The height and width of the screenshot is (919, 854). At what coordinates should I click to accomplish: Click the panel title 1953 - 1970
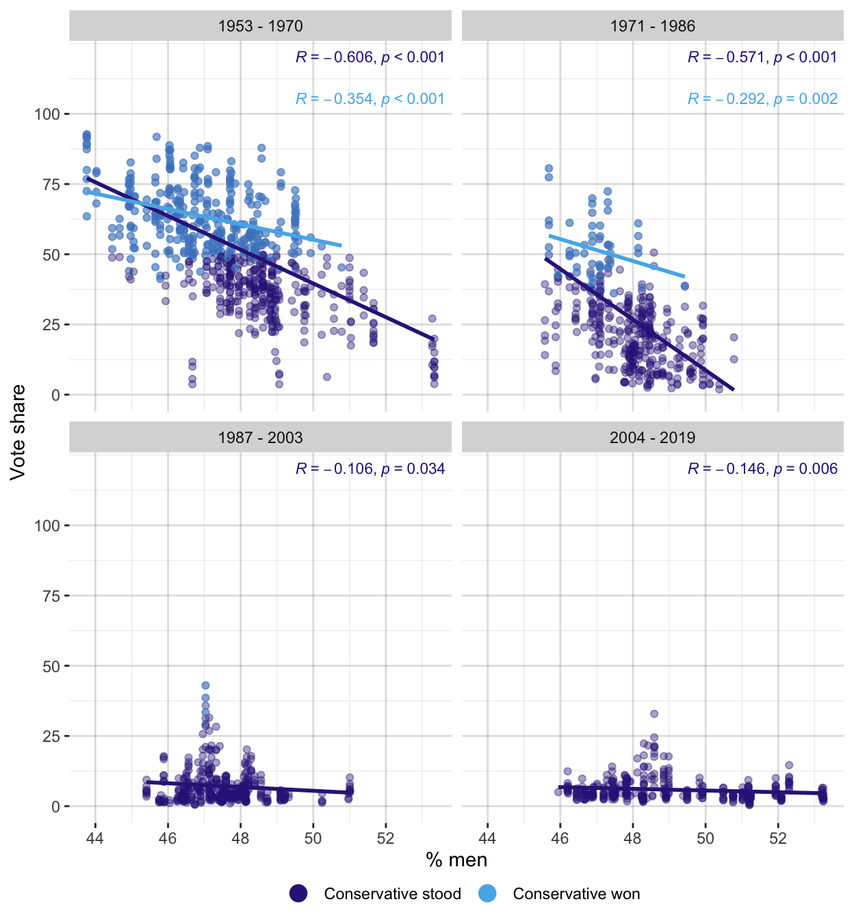[260, 26]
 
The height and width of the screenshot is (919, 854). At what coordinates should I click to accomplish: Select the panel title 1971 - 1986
[652, 26]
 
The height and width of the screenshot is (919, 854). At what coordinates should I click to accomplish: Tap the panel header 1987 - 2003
[260, 438]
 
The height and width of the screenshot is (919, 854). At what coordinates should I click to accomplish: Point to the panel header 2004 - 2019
[652, 438]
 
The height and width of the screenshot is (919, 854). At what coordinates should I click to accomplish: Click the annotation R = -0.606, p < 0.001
[370, 57]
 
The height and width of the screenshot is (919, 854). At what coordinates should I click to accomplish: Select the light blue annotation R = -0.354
[370, 99]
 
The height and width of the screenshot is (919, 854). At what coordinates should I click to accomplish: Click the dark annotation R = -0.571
[762, 57]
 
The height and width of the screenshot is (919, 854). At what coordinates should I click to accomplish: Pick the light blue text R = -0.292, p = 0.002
[762, 99]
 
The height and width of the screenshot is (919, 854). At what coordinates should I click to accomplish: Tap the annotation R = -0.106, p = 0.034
[370, 469]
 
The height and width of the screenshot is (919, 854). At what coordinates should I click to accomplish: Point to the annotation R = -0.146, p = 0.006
[762, 469]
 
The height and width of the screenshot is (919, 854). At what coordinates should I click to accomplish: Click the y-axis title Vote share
[18, 432]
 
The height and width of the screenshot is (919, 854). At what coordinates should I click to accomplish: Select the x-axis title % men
[456, 860]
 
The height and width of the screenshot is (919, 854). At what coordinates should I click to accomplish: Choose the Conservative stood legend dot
[298, 894]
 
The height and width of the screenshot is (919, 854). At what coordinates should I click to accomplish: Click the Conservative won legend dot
[487, 894]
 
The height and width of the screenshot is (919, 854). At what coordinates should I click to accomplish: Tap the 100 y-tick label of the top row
[47, 114]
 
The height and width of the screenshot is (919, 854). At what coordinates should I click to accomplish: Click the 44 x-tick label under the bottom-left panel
[95, 838]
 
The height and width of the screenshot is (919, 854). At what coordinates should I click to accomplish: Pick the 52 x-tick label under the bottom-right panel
[778, 838]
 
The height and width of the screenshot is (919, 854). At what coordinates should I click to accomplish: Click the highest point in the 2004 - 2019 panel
[654, 714]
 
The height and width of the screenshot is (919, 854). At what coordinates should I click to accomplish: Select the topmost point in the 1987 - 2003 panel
[205, 685]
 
